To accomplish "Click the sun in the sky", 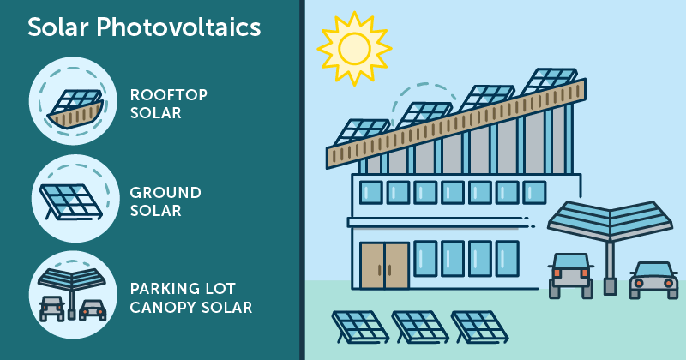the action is [x=354, y=48].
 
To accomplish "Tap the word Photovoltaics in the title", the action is [x=178, y=27].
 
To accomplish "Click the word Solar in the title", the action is [x=58, y=27].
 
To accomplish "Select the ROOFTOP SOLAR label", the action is [x=168, y=104].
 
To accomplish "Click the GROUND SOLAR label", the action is [x=165, y=201].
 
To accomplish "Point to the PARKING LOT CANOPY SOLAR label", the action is [x=191, y=298].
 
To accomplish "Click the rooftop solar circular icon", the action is [x=73, y=100].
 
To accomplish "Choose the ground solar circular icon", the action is [x=75, y=199].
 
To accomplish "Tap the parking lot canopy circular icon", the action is [x=73, y=295].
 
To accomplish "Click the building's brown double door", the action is [x=384, y=266].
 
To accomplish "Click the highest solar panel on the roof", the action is [x=550, y=81].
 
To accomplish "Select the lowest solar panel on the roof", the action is [x=362, y=132].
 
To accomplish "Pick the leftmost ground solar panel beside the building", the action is [x=359, y=327].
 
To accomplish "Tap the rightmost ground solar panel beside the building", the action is [x=479, y=327].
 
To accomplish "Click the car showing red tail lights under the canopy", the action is [x=570, y=275].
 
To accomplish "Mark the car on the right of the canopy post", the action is [x=653, y=280].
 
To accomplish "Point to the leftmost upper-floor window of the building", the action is [x=371, y=193].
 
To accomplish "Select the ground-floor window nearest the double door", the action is [x=425, y=259].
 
